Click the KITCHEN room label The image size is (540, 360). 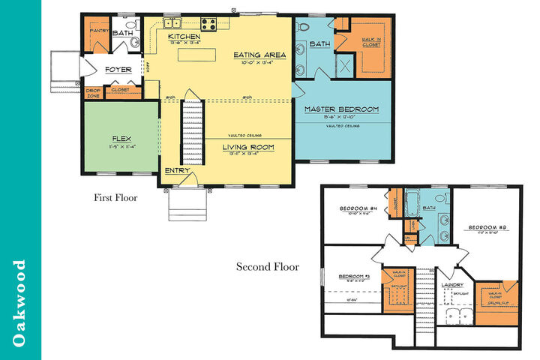coord(184,37)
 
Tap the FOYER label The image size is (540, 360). coord(118,69)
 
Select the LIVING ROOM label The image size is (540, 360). coord(248,147)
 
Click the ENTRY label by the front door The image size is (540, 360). coord(177,172)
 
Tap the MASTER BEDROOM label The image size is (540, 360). coord(341,109)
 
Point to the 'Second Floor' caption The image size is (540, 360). coord(268,266)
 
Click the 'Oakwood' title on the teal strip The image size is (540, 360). coord(20,303)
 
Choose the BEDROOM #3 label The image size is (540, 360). coord(355,277)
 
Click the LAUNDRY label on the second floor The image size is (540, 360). coord(453,285)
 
